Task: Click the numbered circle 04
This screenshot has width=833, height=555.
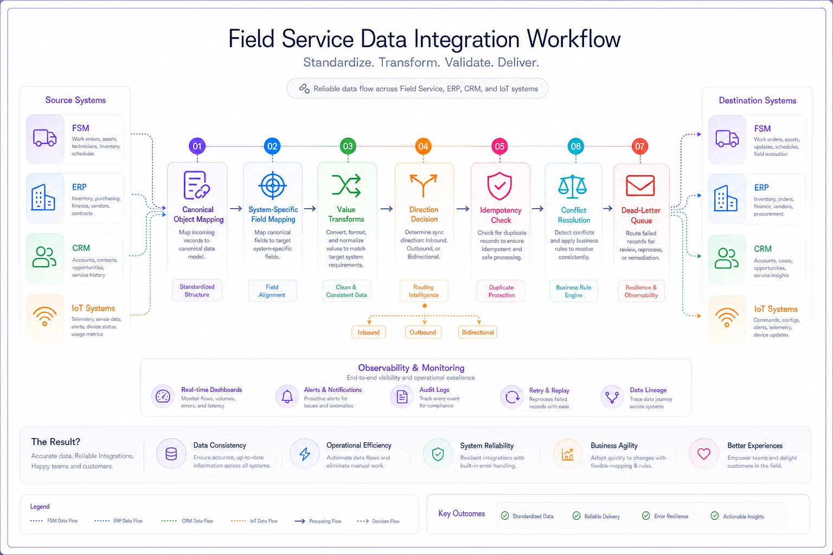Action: (423, 146)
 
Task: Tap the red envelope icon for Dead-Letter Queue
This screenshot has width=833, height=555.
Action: (640, 185)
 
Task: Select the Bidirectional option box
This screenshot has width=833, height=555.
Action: (477, 332)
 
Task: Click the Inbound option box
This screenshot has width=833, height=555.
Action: (369, 332)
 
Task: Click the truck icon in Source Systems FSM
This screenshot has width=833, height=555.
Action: (44, 138)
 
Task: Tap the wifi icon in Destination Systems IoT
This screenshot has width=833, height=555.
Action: (727, 318)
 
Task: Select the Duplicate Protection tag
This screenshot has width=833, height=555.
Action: (501, 291)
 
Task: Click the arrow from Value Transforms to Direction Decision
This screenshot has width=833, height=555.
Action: (386, 209)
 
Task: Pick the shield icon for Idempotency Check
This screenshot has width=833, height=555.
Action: (499, 186)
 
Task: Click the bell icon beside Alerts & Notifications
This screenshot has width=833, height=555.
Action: (287, 397)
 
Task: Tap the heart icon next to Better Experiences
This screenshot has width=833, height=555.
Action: (703, 454)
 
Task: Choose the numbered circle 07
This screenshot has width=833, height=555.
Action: (639, 146)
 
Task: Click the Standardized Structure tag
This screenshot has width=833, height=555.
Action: (197, 291)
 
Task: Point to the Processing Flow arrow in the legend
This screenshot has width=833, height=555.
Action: (300, 521)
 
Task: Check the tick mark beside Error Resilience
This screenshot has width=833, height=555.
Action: (646, 515)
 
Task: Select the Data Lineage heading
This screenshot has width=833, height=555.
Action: (648, 390)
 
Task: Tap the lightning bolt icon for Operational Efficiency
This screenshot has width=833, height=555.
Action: (305, 454)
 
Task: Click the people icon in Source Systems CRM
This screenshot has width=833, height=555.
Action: (44, 257)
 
